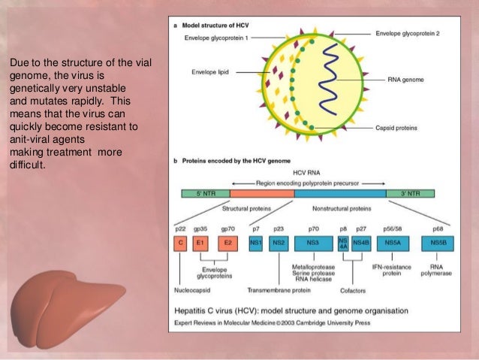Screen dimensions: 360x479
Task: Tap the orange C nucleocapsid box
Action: [179, 244]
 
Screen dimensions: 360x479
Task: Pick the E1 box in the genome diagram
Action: [200, 244]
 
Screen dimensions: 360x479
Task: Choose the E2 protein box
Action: [227, 244]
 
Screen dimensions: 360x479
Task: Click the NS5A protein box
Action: [393, 244]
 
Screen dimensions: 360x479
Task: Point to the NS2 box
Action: [278, 244]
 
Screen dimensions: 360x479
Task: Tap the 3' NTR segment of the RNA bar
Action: [413, 193]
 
